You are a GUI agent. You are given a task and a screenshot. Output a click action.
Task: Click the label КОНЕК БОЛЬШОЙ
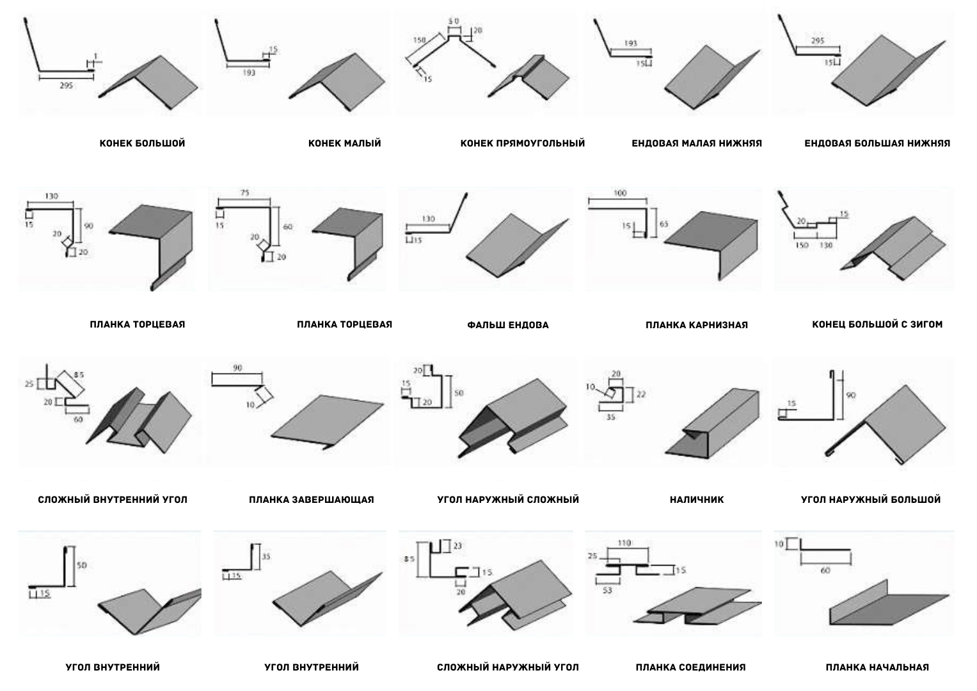(x=142, y=143)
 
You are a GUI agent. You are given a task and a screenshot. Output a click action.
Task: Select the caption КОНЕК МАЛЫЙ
(x=344, y=143)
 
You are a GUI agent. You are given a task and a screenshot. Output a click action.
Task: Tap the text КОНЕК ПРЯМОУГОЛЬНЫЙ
(x=522, y=143)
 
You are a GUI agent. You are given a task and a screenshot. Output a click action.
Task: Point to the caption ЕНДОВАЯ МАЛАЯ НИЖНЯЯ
(x=696, y=143)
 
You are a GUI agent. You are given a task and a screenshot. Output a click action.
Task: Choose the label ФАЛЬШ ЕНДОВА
(x=507, y=325)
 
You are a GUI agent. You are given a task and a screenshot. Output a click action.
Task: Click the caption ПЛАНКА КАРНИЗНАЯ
(x=696, y=325)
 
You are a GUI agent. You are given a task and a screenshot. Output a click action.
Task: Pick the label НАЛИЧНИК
(x=696, y=500)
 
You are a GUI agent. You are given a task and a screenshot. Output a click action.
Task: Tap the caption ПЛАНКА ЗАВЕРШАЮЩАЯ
(x=311, y=500)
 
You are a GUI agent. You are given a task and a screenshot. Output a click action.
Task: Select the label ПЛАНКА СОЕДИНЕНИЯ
(x=690, y=667)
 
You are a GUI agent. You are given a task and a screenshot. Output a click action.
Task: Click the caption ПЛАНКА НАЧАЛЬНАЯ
(x=877, y=667)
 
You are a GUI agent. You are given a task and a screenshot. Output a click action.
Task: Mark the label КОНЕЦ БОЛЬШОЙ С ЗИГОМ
(x=877, y=324)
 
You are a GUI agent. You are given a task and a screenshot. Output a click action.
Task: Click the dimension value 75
(x=245, y=193)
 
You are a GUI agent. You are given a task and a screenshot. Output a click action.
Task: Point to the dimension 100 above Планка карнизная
(x=619, y=193)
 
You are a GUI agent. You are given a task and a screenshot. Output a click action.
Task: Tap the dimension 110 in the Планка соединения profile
(x=624, y=543)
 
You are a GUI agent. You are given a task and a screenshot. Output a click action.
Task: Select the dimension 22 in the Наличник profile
(x=640, y=395)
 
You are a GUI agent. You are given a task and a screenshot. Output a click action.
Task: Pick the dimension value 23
(x=457, y=546)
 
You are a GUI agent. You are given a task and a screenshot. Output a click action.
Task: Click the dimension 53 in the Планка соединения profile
(x=607, y=590)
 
